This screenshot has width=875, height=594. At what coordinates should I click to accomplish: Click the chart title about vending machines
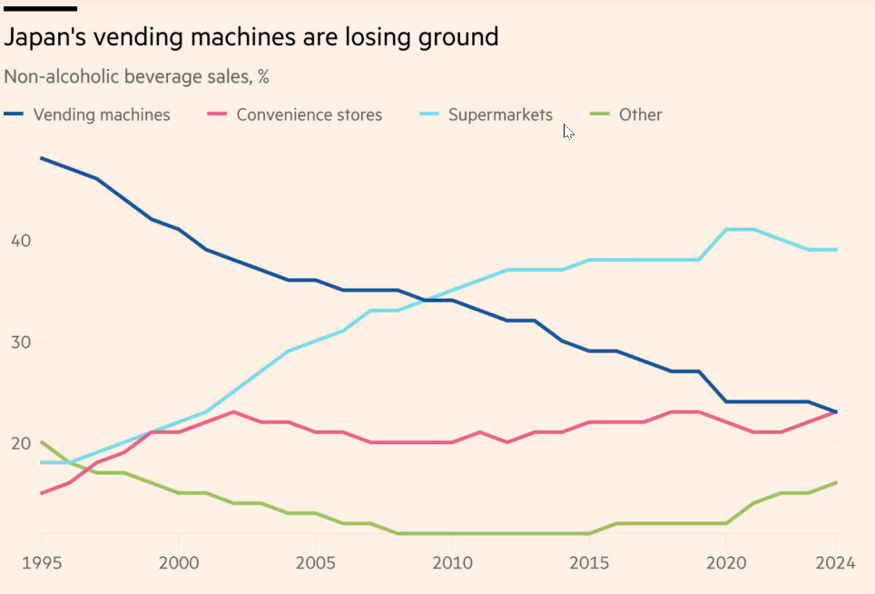coord(251,37)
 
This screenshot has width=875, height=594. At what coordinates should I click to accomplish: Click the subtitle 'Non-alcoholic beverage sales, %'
coord(136,77)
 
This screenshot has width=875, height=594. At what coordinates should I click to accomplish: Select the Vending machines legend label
coord(101,115)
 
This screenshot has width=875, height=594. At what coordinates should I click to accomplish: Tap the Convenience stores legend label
coord(309,115)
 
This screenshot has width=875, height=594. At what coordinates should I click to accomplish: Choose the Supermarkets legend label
coord(500,115)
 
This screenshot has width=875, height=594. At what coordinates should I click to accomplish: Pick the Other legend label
coord(640,115)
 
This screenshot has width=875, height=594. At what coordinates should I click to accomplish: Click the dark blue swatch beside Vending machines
coord(15,114)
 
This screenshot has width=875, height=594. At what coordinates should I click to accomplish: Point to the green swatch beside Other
coord(599,114)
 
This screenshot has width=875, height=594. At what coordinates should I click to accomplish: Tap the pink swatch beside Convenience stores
coord(218,114)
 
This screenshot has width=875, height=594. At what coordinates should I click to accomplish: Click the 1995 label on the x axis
coord(42,564)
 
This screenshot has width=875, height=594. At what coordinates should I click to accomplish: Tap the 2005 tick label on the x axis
coord(314,564)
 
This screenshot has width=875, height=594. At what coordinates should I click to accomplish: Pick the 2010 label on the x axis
coord(451,564)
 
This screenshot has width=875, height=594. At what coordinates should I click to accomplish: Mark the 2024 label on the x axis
coord(835,564)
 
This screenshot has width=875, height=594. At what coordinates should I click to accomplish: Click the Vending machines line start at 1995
coord(42,158)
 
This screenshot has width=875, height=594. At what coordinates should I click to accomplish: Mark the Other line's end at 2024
coord(836,482)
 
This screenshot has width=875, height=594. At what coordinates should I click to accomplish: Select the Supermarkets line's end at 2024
coord(836,249)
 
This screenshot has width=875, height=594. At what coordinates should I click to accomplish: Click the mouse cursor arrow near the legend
coord(567,131)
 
